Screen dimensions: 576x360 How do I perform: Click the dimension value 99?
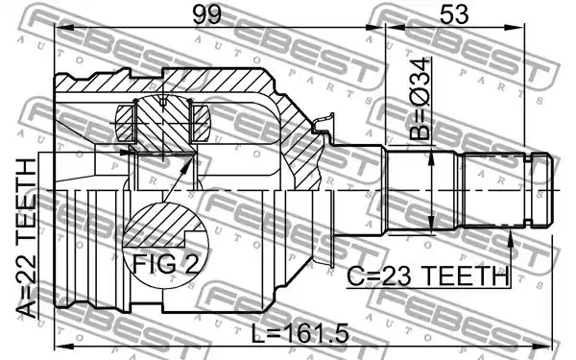pyautogui.click(x=207, y=15)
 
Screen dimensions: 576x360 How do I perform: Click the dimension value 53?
pyautogui.click(x=454, y=14)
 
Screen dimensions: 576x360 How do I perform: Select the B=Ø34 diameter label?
pyautogui.click(x=420, y=99)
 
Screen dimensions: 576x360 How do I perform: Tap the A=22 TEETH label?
pyautogui.click(x=27, y=238)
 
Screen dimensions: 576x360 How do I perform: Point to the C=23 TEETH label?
pyautogui.click(x=428, y=276)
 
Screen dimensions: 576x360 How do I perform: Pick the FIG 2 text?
pyautogui.click(x=165, y=264)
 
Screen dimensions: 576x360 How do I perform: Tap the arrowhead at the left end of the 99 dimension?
pyautogui.click(x=64, y=28)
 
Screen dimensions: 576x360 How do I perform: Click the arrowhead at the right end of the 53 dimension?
pyautogui.click(x=515, y=27)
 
